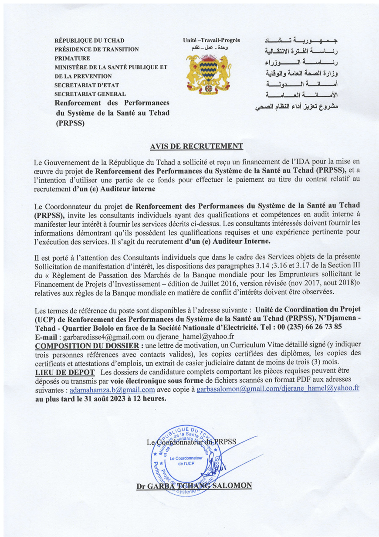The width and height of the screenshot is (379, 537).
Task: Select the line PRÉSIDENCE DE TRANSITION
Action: (x=96, y=49)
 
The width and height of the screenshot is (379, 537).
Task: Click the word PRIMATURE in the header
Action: (x=72, y=58)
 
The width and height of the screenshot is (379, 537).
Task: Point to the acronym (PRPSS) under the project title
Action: (x=70, y=123)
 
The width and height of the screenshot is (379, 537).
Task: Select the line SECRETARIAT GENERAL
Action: (x=90, y=94)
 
